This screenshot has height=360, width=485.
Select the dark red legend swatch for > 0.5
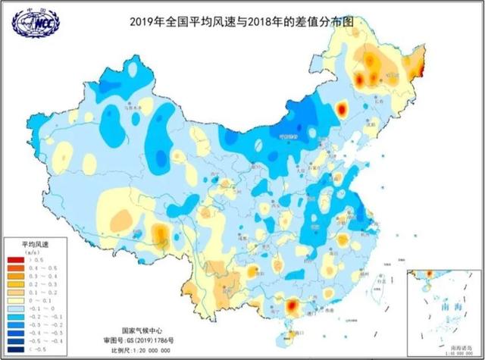click(15, 260)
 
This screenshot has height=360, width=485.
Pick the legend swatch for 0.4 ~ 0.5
click(15, 269)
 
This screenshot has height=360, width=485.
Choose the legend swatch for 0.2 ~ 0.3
click(15, 286)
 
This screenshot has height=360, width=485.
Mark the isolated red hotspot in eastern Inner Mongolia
click(340, 111)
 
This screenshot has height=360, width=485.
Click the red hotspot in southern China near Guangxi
click(292, 305)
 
